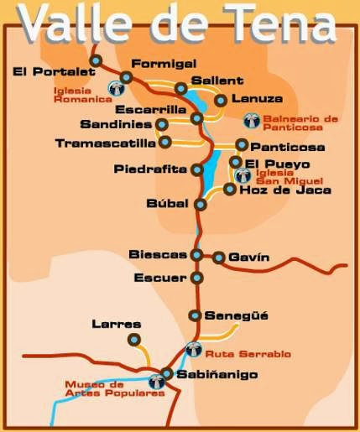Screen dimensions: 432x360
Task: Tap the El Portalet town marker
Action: [x=96, y=60]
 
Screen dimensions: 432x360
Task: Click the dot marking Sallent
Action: [x=180, y=87]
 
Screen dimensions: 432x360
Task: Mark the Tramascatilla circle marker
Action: [x=164, y=142]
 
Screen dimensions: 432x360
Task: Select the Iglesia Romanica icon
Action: [x=115, y=87]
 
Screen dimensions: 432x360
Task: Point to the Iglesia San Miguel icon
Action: [x=243, y=175]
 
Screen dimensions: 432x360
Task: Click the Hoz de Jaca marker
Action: [x=230, y=190]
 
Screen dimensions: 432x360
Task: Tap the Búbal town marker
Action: [x=200, y=204]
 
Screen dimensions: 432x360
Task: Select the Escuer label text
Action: [x=159, y=277]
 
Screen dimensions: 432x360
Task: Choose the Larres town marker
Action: [x=133, y=340]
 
